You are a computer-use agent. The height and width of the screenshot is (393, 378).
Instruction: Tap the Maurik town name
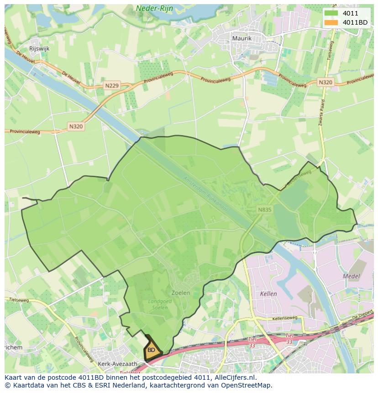tap(241, 38)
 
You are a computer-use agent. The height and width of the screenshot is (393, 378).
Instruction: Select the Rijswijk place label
tap(39, 48)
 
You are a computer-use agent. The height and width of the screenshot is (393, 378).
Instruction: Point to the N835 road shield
tap(264, 210)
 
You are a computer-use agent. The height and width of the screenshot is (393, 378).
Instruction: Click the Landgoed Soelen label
tap(158, 304)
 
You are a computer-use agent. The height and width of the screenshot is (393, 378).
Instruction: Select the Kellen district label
tap(268, 294)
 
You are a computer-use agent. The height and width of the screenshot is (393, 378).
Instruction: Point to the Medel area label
tap(351, 276)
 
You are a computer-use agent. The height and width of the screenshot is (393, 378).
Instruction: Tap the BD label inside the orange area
tap(151, 350)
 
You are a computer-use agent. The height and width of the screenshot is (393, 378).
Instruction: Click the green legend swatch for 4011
tap(331, 14)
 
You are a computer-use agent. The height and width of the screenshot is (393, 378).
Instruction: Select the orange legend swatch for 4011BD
tap(331, 22)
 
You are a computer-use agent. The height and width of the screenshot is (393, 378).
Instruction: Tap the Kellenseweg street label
tap(284, 318)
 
